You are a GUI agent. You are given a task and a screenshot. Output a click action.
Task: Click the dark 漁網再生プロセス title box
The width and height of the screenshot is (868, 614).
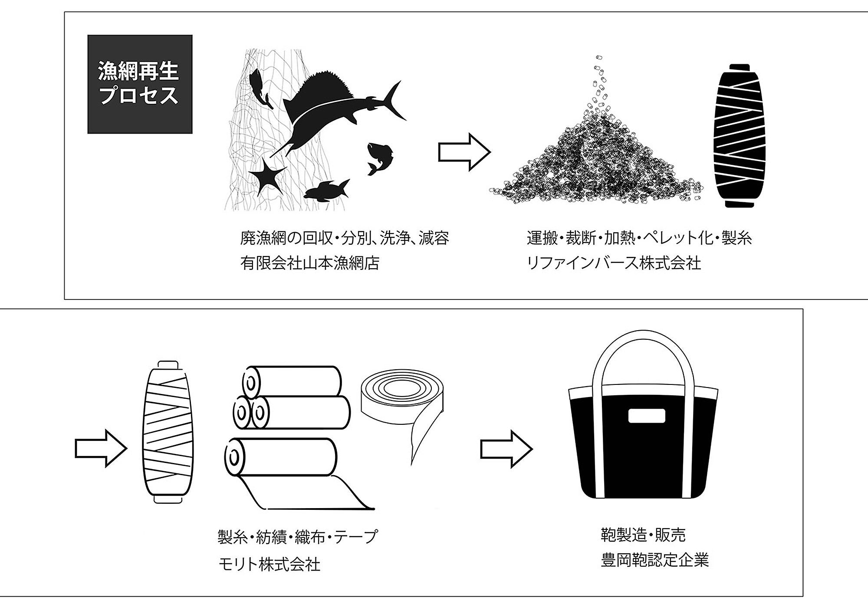(x=140, y=84)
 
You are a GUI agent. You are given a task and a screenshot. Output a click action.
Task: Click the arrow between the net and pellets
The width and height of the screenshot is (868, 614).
(x=464, y=152)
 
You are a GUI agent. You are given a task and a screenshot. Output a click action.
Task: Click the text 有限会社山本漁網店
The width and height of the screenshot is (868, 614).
(x=310, y=263)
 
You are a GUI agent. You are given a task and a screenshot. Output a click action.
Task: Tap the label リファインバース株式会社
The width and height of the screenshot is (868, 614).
(x=613, y=263)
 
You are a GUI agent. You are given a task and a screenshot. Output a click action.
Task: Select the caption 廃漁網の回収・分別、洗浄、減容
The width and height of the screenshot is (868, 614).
(x=345, y=238)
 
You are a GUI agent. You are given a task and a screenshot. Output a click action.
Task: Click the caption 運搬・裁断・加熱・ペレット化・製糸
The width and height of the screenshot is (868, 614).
(x=639, y=238)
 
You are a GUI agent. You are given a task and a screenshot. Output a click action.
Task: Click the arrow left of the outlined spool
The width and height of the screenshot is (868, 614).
(x=101, y=448)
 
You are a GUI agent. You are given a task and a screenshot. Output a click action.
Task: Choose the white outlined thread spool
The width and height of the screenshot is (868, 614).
(x=168, y=431)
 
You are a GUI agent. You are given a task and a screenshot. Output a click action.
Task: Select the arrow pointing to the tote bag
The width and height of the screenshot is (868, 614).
(x=506, y=449)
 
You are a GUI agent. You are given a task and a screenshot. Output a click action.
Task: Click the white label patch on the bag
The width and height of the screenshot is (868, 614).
(x=647, y=416)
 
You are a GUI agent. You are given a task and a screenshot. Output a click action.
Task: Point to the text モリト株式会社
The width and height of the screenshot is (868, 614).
(x=269, y=565)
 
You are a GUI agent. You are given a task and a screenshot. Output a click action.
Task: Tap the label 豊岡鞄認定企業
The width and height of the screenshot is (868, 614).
(x=654, y=560)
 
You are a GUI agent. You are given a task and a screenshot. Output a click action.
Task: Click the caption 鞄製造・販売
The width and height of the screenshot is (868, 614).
(x=643, y=535)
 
